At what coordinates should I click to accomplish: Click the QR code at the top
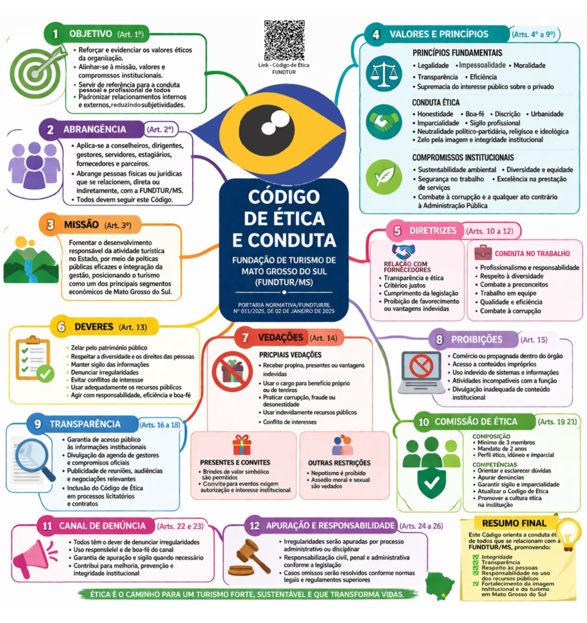tap(284, 40)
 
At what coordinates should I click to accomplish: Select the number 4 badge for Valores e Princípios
tap(376, 35)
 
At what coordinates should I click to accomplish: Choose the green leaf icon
tap(384, 175)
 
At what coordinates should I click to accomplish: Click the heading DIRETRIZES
tap(431, 231)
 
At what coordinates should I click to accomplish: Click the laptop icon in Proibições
tap(421, 370)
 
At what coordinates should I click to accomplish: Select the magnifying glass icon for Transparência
tap(33, 458)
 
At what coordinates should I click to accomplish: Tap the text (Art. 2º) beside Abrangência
tap(160, 129)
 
